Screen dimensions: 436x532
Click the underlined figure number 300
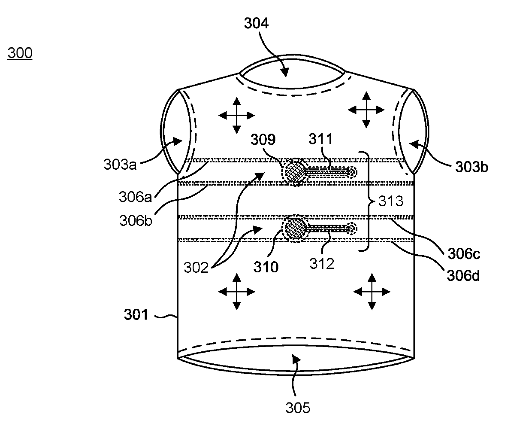(20, 53)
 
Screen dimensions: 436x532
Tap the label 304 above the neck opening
(256, 24)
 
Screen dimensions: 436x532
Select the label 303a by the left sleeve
(120, 164)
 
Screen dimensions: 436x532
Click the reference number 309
(263, 140)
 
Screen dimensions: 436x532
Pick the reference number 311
(321, 140)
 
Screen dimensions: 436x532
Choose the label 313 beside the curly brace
(390, 201)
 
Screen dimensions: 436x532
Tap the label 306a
(136, 197)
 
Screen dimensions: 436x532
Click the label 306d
(463, 274)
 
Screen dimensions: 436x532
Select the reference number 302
(196, 268)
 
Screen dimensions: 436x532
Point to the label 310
(266, 267)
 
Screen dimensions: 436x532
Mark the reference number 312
(322, 263)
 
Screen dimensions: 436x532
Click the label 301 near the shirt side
(136, 315)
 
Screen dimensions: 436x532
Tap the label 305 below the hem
(298, 407)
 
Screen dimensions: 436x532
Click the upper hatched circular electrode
(295, 172)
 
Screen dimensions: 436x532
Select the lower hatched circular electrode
(295, 229)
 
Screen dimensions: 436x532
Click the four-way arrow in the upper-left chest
(236, 115)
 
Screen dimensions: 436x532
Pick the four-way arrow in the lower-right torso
(372, 292)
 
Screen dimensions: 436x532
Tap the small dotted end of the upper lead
(352, 172)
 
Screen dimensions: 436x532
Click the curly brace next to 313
(367, 201)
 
